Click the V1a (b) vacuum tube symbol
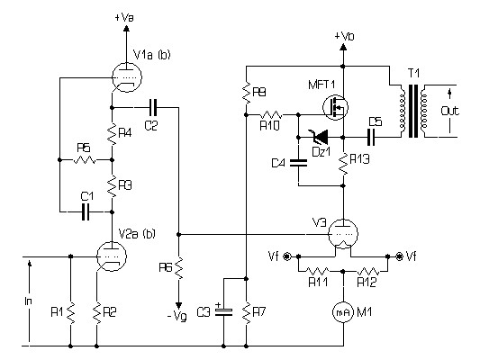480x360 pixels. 127,77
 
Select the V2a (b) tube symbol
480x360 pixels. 112,256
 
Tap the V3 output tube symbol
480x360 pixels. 343,234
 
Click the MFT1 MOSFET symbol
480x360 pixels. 336,107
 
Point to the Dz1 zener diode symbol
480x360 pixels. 320,137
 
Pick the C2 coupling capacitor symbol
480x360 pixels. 153,107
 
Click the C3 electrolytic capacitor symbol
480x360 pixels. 223,311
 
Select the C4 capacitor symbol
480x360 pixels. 298,162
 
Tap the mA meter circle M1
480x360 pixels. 343,312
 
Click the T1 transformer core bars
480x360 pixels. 413,112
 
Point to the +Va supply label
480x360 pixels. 124,18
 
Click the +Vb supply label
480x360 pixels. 344,37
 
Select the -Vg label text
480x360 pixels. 177,315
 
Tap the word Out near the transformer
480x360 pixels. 450,111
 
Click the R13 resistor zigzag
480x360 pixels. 343,164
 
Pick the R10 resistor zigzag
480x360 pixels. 271,115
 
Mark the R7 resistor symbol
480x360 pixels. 247,312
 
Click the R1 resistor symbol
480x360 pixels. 71,312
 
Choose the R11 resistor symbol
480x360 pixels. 318,271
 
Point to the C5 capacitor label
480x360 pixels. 375,122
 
